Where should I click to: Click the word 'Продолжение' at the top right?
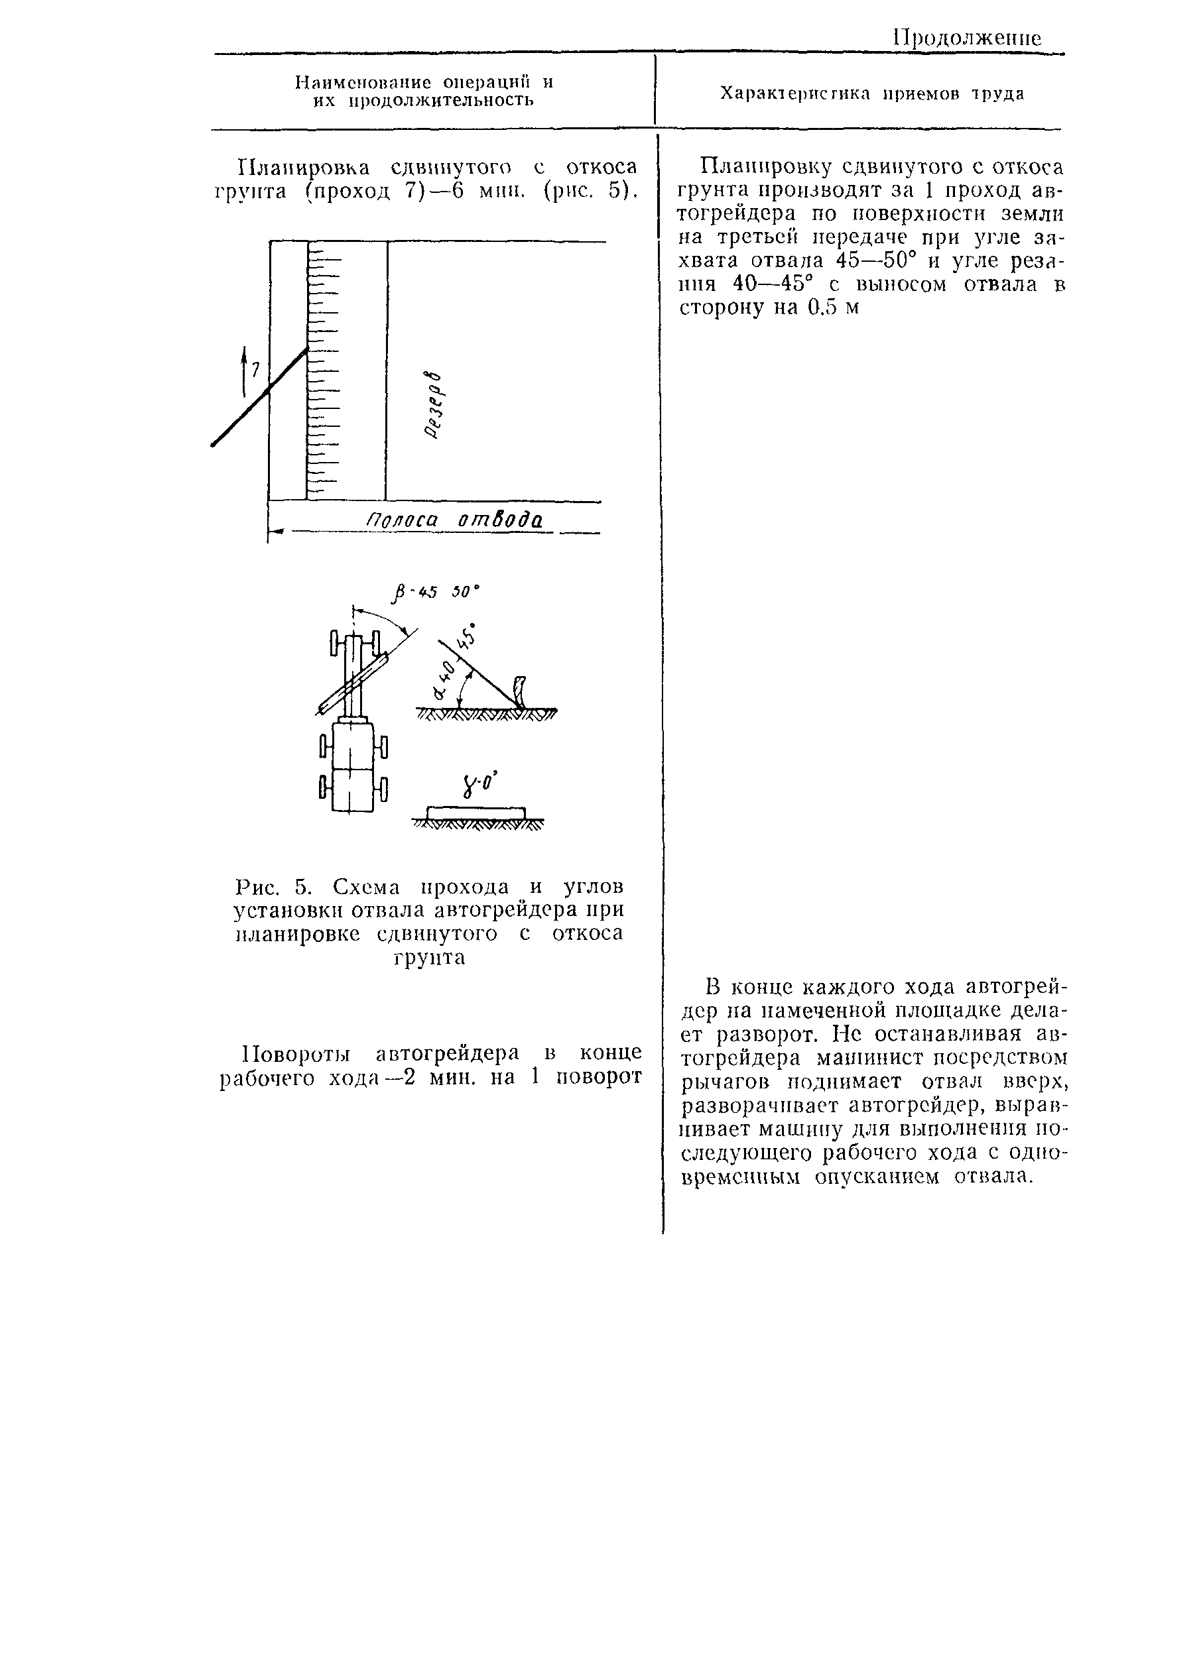click(x=966, y=38)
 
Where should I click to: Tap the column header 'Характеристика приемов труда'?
click(x=871, y=94)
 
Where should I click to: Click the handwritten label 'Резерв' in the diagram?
click(x=438, y=403)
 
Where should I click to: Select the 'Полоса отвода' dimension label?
click(x=455, y=521)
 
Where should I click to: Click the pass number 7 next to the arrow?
click(x=256, y=370)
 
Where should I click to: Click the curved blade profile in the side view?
click(x=521, y=692)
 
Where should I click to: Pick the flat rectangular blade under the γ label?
click(x=476, y=813)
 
